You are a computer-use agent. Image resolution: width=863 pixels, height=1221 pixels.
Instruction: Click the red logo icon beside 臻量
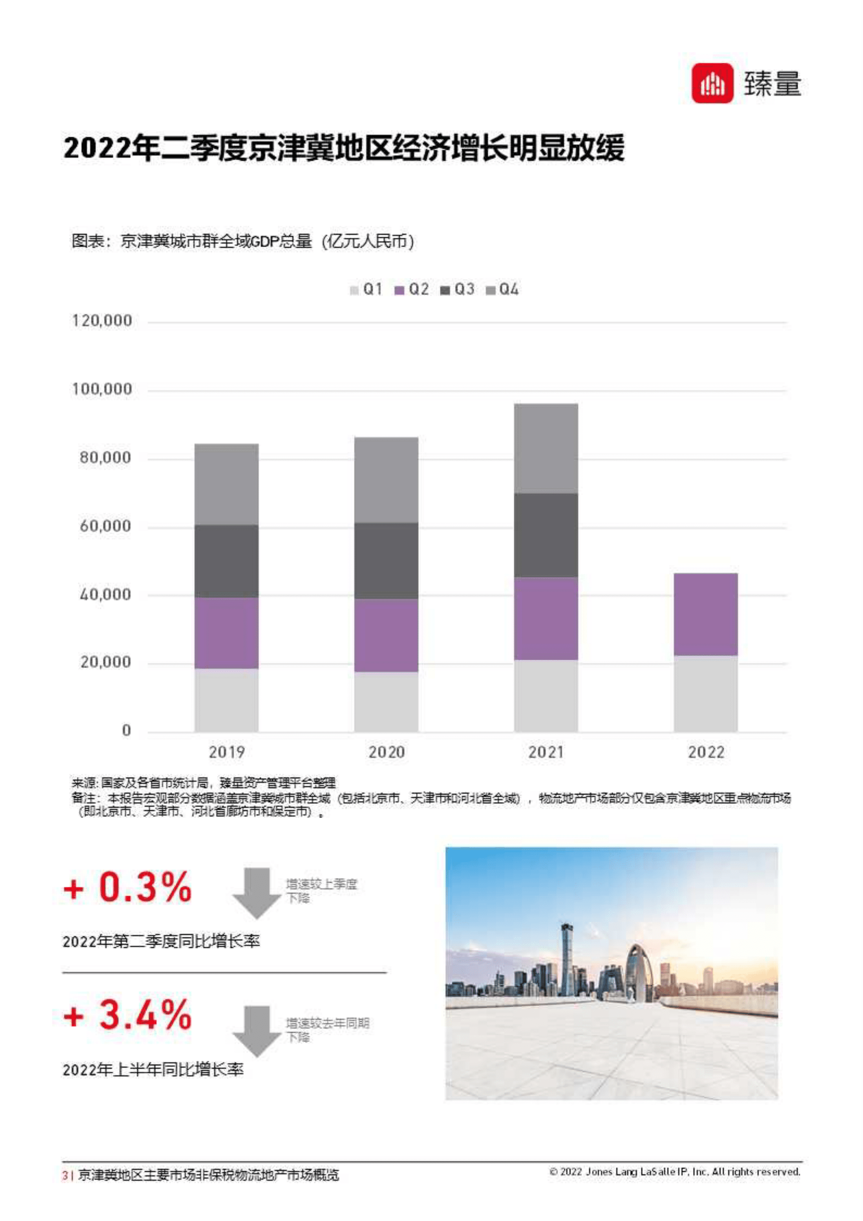(711, 84)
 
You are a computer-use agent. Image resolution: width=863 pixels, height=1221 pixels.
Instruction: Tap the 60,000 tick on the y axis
(105, 526)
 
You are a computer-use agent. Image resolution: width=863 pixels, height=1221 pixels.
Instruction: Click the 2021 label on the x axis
(545, 752)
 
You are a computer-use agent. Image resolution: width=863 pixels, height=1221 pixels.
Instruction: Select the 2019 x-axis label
(227, 752)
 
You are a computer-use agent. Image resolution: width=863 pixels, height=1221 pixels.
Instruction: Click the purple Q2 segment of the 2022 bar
(705, 614)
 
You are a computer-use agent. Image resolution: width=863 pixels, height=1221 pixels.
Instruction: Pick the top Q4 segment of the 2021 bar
(545, 448)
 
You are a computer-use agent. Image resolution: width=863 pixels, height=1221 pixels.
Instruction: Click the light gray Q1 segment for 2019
(227, 700)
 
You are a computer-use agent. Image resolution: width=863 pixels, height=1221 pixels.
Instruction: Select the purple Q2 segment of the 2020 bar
(386, 635)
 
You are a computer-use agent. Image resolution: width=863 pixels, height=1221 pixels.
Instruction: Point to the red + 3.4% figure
(128, 1015)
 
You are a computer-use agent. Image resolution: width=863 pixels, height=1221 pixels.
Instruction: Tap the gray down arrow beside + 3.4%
(257, 1031)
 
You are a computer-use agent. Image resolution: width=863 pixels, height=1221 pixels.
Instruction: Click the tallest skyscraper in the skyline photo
(566, 957)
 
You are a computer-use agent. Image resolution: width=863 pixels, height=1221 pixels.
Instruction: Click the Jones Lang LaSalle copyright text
(674, 1172)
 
